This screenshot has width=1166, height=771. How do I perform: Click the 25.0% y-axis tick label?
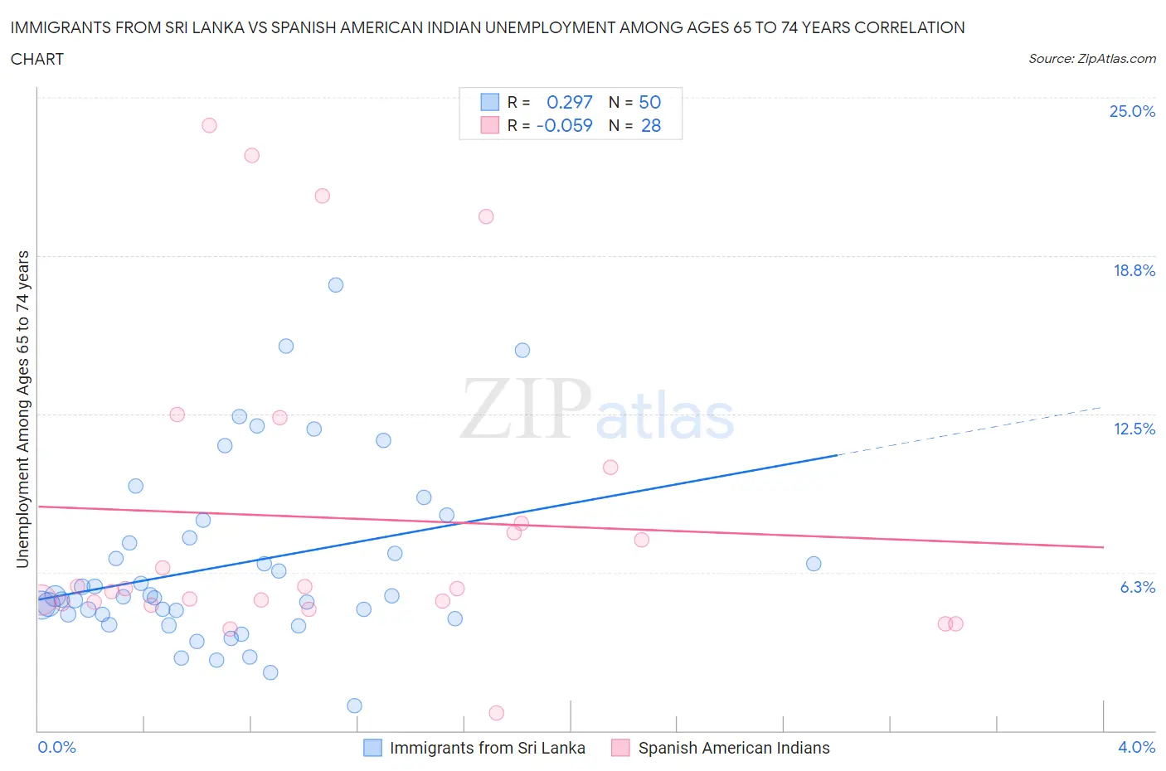(x=1132, y=111)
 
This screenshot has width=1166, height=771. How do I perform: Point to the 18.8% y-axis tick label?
(x=1134, y=270)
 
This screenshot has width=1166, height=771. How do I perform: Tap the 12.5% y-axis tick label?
(x=1134, y=429)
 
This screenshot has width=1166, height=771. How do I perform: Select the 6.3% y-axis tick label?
(x=1137, y=587)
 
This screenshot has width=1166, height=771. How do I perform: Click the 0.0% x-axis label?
(x=56, y=747)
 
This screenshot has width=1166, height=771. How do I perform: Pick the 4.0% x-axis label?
(x=1136, y=747)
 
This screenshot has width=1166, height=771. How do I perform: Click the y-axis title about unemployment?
(x=22, y=409)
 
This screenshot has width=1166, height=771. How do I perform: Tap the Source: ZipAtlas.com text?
(x=1091, y=59)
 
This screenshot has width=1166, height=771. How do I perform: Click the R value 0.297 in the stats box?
(x=569, y=102)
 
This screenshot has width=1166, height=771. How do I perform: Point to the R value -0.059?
(x=564, y=125)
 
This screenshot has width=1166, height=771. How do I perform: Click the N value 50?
(x=649, y=102)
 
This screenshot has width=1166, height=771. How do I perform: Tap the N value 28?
(x=651, y=125)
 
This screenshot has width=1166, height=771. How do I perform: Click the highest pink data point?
(x=209, y=125)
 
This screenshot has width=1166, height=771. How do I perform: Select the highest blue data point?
(x=336, y=285)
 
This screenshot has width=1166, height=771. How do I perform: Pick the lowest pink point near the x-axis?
(x=497, y=713)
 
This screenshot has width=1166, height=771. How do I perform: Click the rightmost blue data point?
(x=814, y=564)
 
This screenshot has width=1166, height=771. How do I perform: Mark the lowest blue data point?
(x=354, y=706)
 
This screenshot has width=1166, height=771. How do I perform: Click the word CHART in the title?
(x=37, y=59)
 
